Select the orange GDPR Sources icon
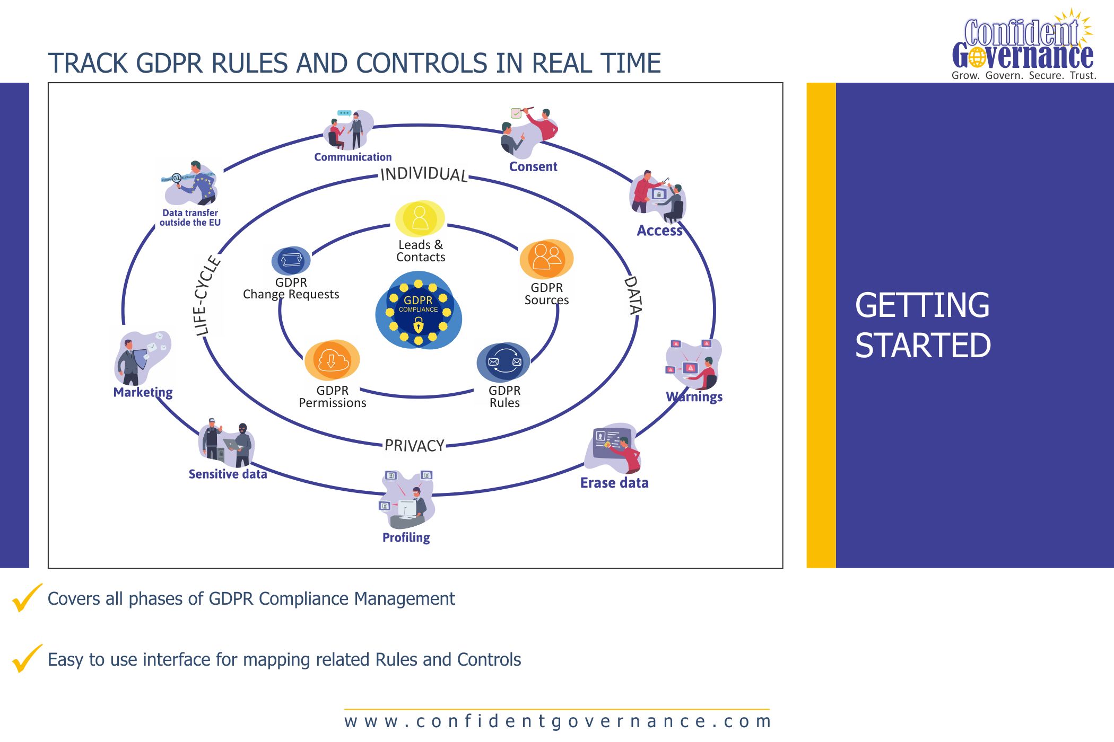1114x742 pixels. [546, 259]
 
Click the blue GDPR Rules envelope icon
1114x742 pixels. [504, 362]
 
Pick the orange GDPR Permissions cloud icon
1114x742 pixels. [332, 360]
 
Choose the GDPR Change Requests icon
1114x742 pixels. [291, 260]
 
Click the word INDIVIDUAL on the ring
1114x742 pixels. [424, 174]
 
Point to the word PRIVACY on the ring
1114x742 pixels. [414, 445]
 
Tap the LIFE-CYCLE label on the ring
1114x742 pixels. [206, 296]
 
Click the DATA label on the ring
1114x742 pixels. [633, 295]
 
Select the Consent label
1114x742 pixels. [533, 166]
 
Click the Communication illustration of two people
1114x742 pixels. [349, 130]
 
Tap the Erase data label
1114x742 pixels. [614, 483]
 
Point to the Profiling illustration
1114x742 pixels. [407, 499]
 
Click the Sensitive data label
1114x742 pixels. [228, 474]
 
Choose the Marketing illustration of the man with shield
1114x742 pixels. [141, 358]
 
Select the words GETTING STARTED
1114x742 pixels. [922, 325]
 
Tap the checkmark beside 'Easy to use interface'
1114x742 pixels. [27, 658]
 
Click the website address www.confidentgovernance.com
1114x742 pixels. [557, 721]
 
